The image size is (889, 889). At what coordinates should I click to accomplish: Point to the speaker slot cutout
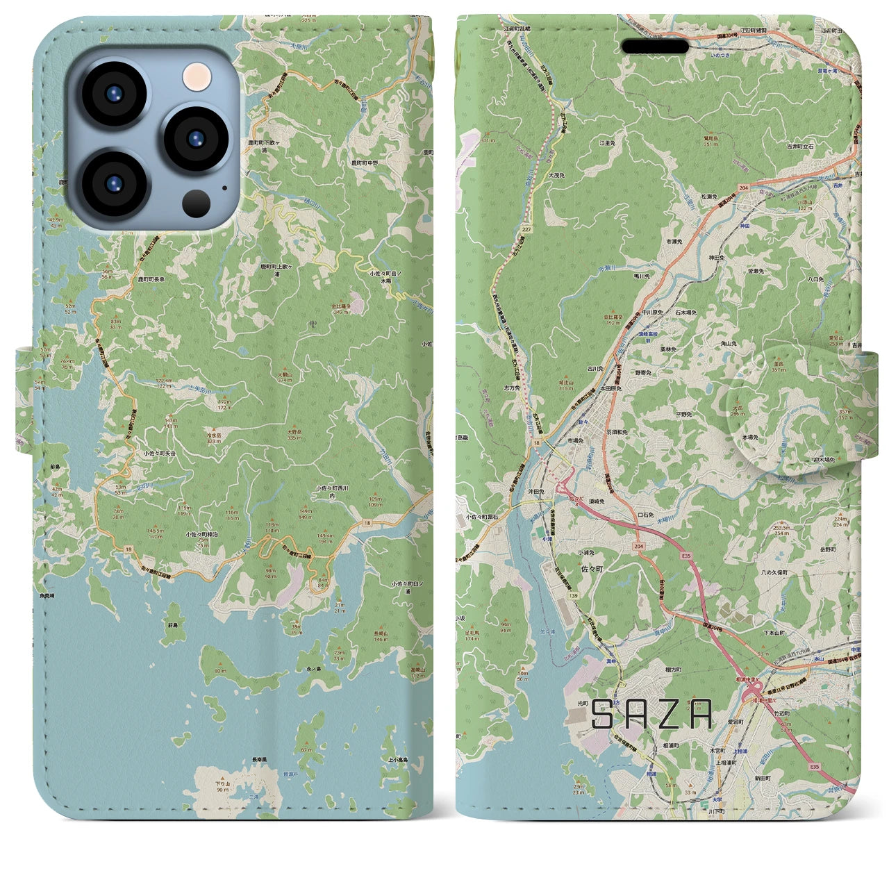pyautogui.click(x=654, y=47)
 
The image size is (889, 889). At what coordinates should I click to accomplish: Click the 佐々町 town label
pyautogui.click(x=583, y=567)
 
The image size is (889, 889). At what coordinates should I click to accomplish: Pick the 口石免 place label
pyautogui.click(x=647, y=515)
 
